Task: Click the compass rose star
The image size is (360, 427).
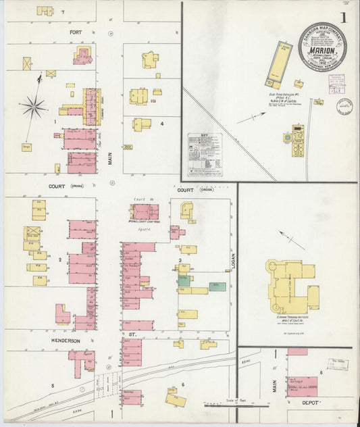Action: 33,106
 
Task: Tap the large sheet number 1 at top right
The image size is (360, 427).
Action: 345,18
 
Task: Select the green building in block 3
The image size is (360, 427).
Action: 217,286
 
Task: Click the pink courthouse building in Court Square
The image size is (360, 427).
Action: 145,212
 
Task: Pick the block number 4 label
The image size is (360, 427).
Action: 162,124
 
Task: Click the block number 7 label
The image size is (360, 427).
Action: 62,12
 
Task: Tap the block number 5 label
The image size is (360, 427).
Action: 52,386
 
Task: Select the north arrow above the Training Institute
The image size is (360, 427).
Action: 292,240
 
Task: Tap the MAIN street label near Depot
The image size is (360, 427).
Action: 275,384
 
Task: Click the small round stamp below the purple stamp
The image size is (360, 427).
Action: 344,105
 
